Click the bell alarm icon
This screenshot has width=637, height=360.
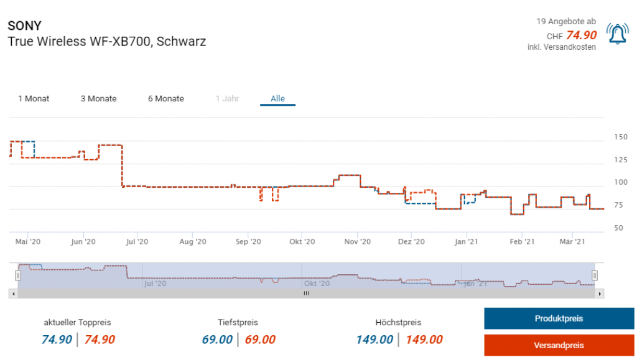(617, 34)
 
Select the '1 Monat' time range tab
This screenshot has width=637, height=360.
(34, 99)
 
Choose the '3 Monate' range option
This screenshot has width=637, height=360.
(98, 99)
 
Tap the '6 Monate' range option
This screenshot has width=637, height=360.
(165, 99)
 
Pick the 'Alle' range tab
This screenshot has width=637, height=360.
(277, 99)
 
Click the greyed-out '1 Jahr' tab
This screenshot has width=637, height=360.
(227, 99)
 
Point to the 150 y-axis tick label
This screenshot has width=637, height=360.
(620, 137)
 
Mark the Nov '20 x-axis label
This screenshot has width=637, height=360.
(357, 242)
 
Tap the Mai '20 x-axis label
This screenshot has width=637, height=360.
(27, 242)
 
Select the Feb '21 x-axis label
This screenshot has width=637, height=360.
(522, 242)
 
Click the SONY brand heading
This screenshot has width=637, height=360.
(24, 26)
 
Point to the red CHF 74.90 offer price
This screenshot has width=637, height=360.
(581, 35)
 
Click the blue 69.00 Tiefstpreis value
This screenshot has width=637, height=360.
(217, 339)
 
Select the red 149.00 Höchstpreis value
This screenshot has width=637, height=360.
(424, 339)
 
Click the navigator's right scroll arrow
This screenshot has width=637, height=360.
(600, 293)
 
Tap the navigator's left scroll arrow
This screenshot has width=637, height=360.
(12, 293)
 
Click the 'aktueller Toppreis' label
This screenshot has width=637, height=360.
(77, 323)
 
